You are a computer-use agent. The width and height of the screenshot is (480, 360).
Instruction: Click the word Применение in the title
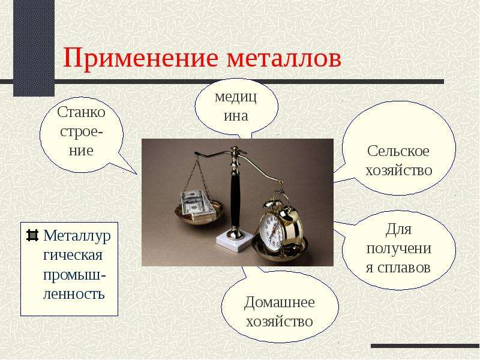[141, 58]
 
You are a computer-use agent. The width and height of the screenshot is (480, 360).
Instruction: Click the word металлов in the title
[284, 58]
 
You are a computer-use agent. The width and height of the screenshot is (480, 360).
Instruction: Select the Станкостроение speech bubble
[82, 134]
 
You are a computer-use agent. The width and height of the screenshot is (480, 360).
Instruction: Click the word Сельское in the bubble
[398, 151]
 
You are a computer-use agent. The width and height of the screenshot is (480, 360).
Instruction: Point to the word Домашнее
[279, 303]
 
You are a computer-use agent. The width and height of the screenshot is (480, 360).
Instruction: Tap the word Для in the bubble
[398, 230]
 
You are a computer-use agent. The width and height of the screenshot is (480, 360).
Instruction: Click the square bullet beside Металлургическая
[32, 235]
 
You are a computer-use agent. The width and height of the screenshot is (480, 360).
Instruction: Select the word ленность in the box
[74, 293]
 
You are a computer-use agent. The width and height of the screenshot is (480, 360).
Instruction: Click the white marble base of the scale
[235, 242]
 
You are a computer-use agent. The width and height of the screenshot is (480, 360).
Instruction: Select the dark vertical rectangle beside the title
[34, 48]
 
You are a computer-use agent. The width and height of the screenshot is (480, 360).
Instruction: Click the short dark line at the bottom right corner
[425, 346]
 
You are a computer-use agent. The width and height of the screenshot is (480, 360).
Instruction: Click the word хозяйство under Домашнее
[279, 322]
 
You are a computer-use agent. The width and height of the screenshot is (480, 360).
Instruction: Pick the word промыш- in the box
[74, 275]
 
